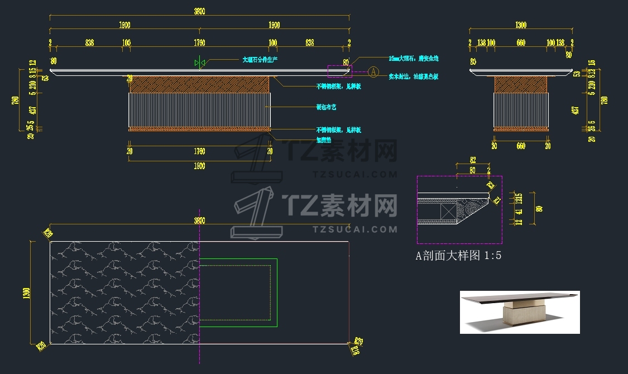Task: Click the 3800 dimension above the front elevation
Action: click(x=199, y=11)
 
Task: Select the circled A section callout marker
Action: click(x=373, y=72)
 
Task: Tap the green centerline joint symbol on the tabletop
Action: click(x=200, y=63)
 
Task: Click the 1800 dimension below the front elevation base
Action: click(x=199, y=166)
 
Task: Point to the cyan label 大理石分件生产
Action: click(x=260, y=59)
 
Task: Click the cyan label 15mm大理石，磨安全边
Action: click(x=414, y=58)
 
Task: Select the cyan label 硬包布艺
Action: click(x=327, y=107)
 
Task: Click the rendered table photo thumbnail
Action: click(x=519, y=312)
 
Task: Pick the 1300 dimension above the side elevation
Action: click(x=520, y=25)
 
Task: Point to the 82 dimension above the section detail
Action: click(x=472, y=160)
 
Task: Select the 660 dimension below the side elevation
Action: click(x=520, y=146)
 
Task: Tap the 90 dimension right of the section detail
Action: click(x=539, y=209)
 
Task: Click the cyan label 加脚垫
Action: click(x=324, y=141)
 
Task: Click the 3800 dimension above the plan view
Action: click(x=199, y=220)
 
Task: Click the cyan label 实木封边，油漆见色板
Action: click(x=414, y=76)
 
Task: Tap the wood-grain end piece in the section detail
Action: click(x=471, y=210)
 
